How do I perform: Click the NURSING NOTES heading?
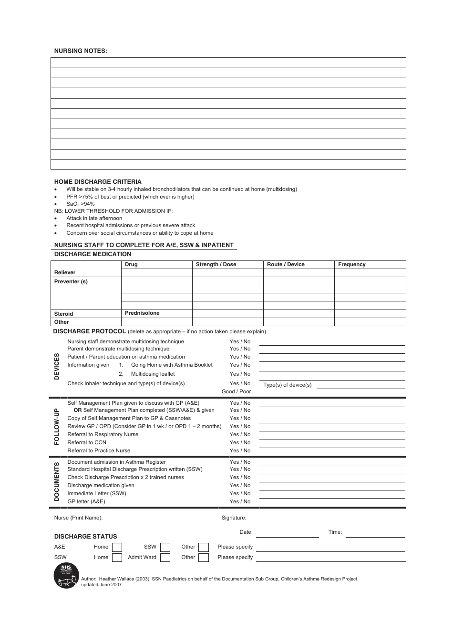tap(81, 50)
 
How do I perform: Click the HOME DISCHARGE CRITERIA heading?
tap(98, 181)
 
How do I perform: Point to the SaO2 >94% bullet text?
tap(80, 204)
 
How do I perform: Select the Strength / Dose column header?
tap(216, 264)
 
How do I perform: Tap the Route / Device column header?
tap(286, 264)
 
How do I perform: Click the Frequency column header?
tap(352, 264)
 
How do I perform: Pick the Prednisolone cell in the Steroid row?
tap(142, 313)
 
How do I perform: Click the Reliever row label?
tap(65, 272)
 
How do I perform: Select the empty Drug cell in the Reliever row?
tap(156, 272)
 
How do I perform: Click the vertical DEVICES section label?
tap(57, 366)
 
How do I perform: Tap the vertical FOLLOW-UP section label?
tap(57, 426)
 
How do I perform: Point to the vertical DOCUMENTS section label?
tap(57, 481)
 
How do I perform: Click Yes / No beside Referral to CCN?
tap(240, 442)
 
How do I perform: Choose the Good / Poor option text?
tap(236, 391)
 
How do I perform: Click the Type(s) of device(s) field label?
tap(288, 385)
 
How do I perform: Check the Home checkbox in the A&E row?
tap(117, 547)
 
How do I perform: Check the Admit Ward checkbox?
tap(165, 558)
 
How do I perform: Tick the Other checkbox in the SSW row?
tap(204, 558)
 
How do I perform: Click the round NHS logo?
tap(66, 575)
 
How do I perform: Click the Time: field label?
tap(335, 532)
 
